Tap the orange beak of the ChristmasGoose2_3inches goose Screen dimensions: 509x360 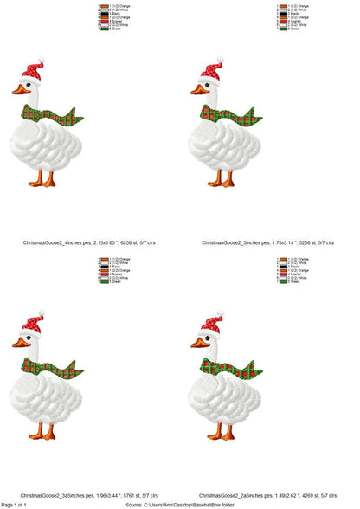point(196,89)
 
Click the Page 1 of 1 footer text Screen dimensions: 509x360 point(20,504)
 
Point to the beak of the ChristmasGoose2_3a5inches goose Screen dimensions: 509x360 point(18,343)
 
